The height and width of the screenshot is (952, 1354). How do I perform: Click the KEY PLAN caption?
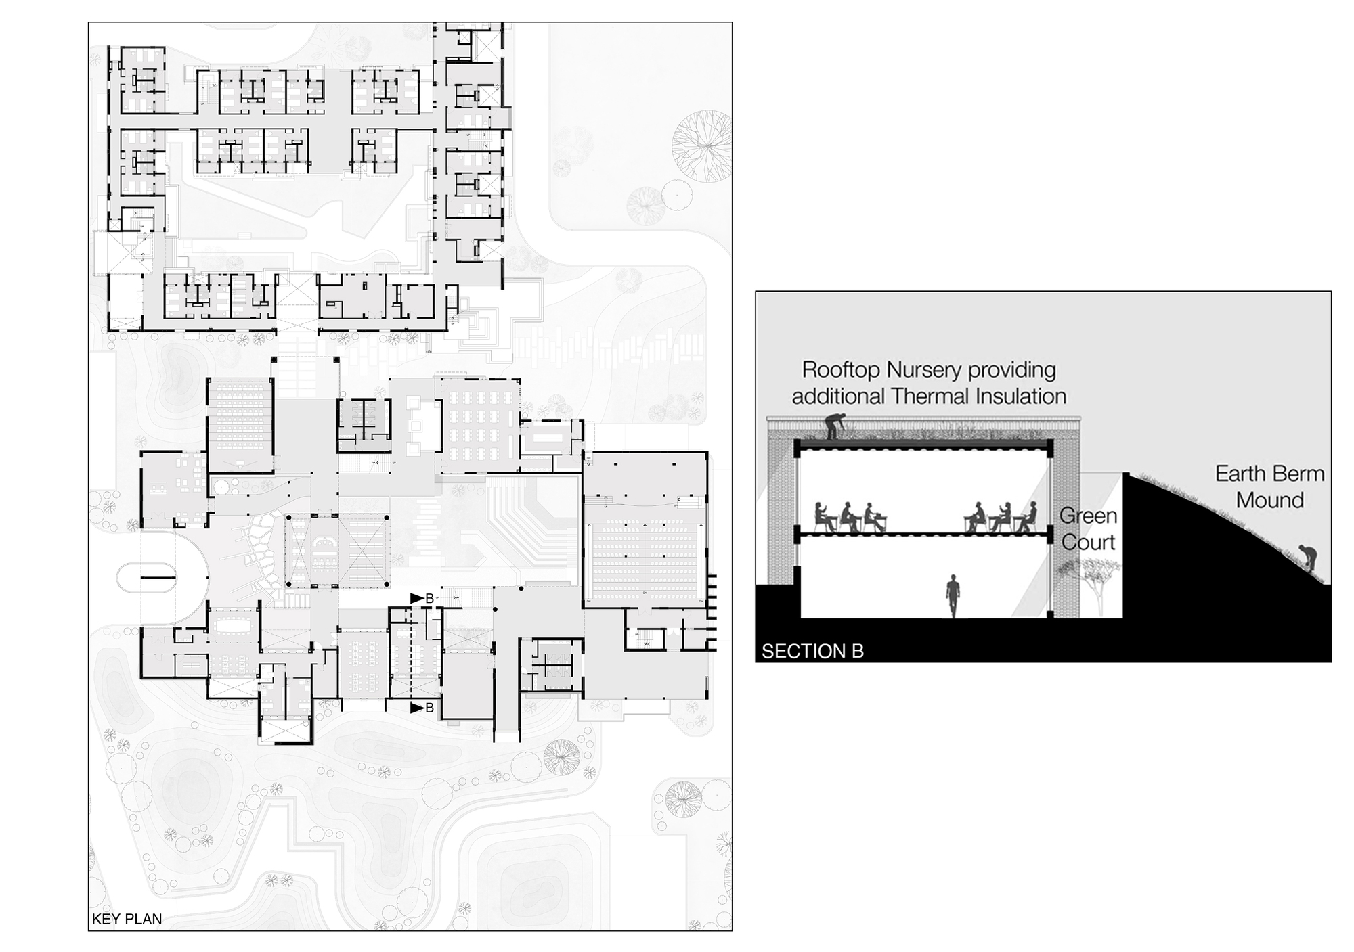pos(127,919)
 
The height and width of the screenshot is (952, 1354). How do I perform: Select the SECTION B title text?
pos(812,651)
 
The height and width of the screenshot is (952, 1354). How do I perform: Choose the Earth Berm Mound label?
pos(1269,486)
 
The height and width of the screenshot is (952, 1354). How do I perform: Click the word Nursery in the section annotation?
pos(927,370)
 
